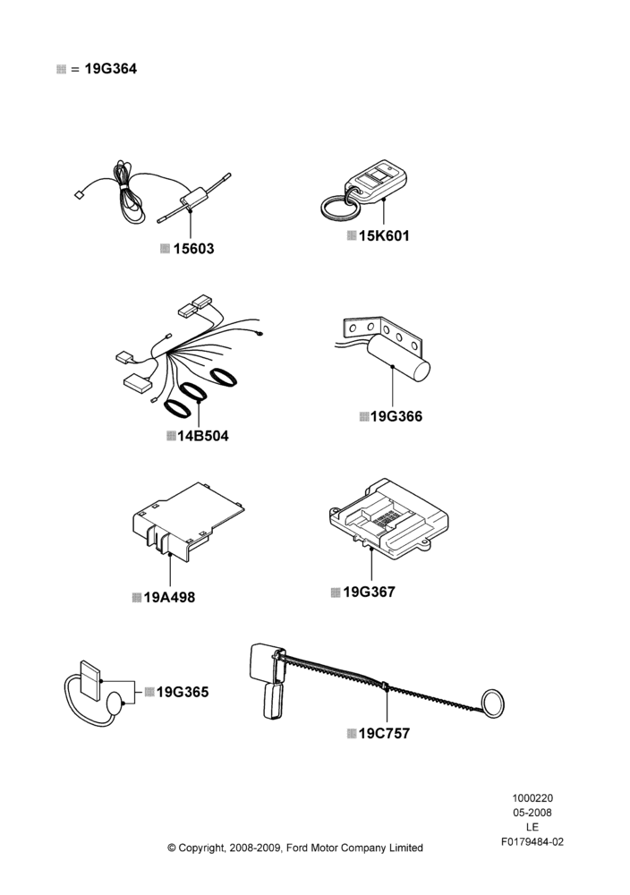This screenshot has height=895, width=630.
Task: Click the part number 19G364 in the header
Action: [111, 69]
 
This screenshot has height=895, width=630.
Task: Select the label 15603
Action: [193, 249]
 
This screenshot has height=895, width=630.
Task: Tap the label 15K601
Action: [384, 235]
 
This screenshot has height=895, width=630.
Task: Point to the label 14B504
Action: [202, 436]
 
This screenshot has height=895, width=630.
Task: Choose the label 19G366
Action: [396, 417]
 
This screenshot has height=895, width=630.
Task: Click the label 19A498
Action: [169, 598]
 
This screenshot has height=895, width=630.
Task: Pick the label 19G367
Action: [369, 592]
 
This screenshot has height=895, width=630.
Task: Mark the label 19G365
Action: [183, 692]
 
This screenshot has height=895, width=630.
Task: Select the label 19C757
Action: [384, 734]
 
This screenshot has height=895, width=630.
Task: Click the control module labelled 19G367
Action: [389, 516]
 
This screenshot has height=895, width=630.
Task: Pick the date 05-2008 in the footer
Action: [532, 813]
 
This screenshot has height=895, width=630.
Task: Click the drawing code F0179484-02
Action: [532, 842]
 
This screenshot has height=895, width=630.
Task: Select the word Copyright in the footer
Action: [202, 848]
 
